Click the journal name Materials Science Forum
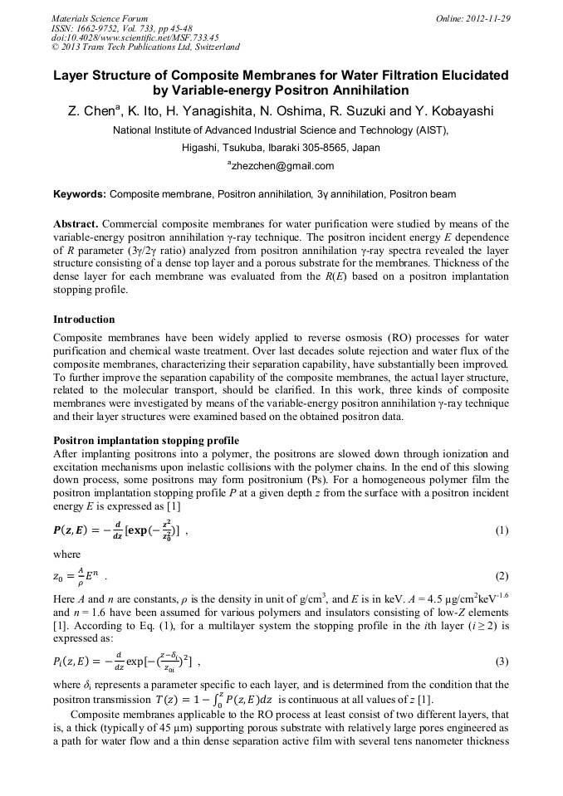point(100,17)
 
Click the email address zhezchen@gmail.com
point(282,166)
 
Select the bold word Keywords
point(79,194)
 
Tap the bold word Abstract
point(76,225)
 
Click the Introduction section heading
point(84,320)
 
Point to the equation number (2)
point(501,576)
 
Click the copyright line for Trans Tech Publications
point(146,47)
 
